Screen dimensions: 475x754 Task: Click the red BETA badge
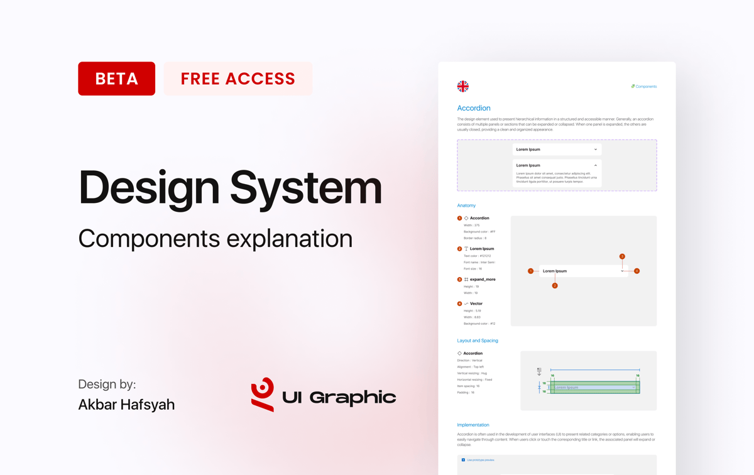(116, 79)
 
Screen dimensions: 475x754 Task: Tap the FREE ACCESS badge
(238, 79)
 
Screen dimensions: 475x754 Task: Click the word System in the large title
(306, 187)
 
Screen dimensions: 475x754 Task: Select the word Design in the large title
(149, 187)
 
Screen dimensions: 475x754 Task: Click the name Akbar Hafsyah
(126, 404)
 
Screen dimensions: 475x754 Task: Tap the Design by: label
(107, 384)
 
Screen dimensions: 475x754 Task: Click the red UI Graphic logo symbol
(263, 394)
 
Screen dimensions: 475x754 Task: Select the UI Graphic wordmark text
(339, 397)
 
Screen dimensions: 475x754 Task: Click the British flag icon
(462, 86)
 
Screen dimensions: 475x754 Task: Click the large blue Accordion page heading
(474, 108)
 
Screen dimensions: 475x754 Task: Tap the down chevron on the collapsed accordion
(596, 150)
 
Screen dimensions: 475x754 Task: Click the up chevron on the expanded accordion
(596, 165)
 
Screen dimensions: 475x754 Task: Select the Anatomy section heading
(466, 205)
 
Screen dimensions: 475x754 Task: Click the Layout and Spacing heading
(478, 341)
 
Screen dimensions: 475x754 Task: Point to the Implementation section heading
(473, 425)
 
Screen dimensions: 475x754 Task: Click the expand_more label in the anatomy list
(483, 280)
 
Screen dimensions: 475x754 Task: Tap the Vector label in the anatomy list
(476, 303)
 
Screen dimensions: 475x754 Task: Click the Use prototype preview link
(480, 460)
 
